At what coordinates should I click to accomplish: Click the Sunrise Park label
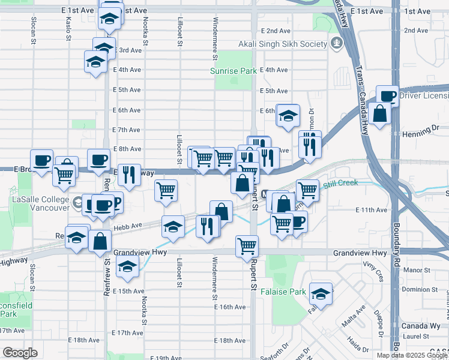pyautogui.click(x=233, y=71)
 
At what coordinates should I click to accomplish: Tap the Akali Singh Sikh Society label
pyautogui.click(x=281, y=43)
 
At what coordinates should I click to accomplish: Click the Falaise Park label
pyautogui.click(x=283, y=292)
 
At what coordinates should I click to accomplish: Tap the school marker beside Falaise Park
pyautogui.click(x=321, y=294)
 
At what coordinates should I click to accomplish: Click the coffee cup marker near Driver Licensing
pyautogui.click(x=388, y=95)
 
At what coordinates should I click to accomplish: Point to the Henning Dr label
pyautogui.click(x=421, y=128)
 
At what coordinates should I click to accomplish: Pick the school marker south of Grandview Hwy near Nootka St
pyautogui.click(x=127, y=268)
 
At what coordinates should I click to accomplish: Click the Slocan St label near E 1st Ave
pyautogui.click(x=33, y=28)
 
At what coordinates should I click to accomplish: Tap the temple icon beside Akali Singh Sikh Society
pyautogui.click(x=336, y=43)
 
